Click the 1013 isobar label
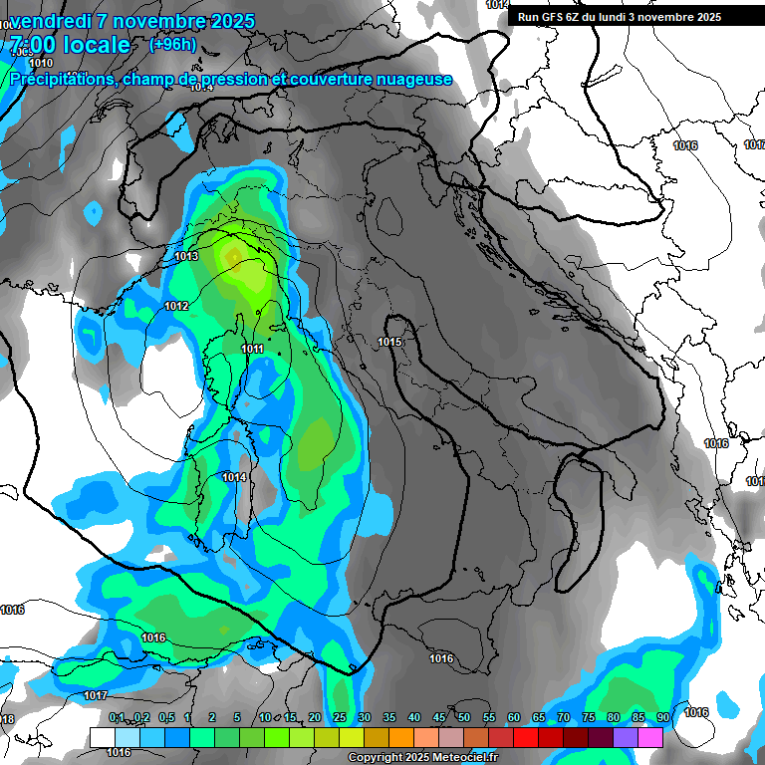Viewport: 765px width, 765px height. coord(186,257)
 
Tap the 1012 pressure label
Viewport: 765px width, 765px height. coord(176,306)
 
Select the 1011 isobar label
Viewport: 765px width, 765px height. coord(252,349)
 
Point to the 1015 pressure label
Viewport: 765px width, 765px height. coord(389,343)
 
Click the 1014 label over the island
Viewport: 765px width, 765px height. coord(234,478)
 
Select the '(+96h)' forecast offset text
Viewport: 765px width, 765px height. coord(173,44)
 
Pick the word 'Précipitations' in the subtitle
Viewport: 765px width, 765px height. coord(64,79)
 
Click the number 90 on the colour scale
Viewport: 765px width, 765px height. coord(662,718)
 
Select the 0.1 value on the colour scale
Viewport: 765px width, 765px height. coord(117,718)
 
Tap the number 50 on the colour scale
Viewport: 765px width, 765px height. coord(464,718)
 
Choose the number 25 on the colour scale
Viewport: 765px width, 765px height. coord(340,718)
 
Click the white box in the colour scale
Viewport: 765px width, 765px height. coord(102,737)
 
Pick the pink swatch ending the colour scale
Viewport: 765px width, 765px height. coord(677,737)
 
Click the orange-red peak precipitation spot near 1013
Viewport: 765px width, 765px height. coord(233,258)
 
